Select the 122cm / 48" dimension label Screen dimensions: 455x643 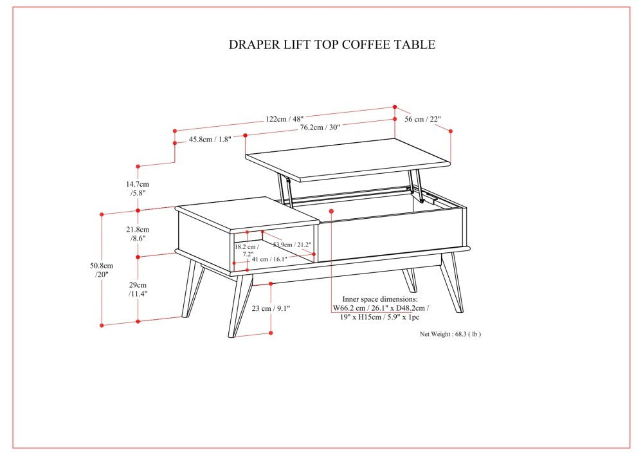click(284, 118)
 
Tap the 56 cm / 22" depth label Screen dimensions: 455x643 click(422, 119)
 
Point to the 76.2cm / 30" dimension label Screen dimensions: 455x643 click(320, 127)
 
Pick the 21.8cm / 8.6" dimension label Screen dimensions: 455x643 click(138, 234)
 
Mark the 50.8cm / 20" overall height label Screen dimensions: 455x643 click(102, 270)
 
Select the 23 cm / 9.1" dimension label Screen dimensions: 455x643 click(271, 308)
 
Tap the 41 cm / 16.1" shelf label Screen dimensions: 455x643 click(269, 259)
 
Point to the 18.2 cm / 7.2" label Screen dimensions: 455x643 click(246, 250)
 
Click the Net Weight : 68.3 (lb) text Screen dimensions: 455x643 click(450, 334)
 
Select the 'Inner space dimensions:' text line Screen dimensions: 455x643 click(379, 299)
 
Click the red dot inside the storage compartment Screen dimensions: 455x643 click(331, 210)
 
